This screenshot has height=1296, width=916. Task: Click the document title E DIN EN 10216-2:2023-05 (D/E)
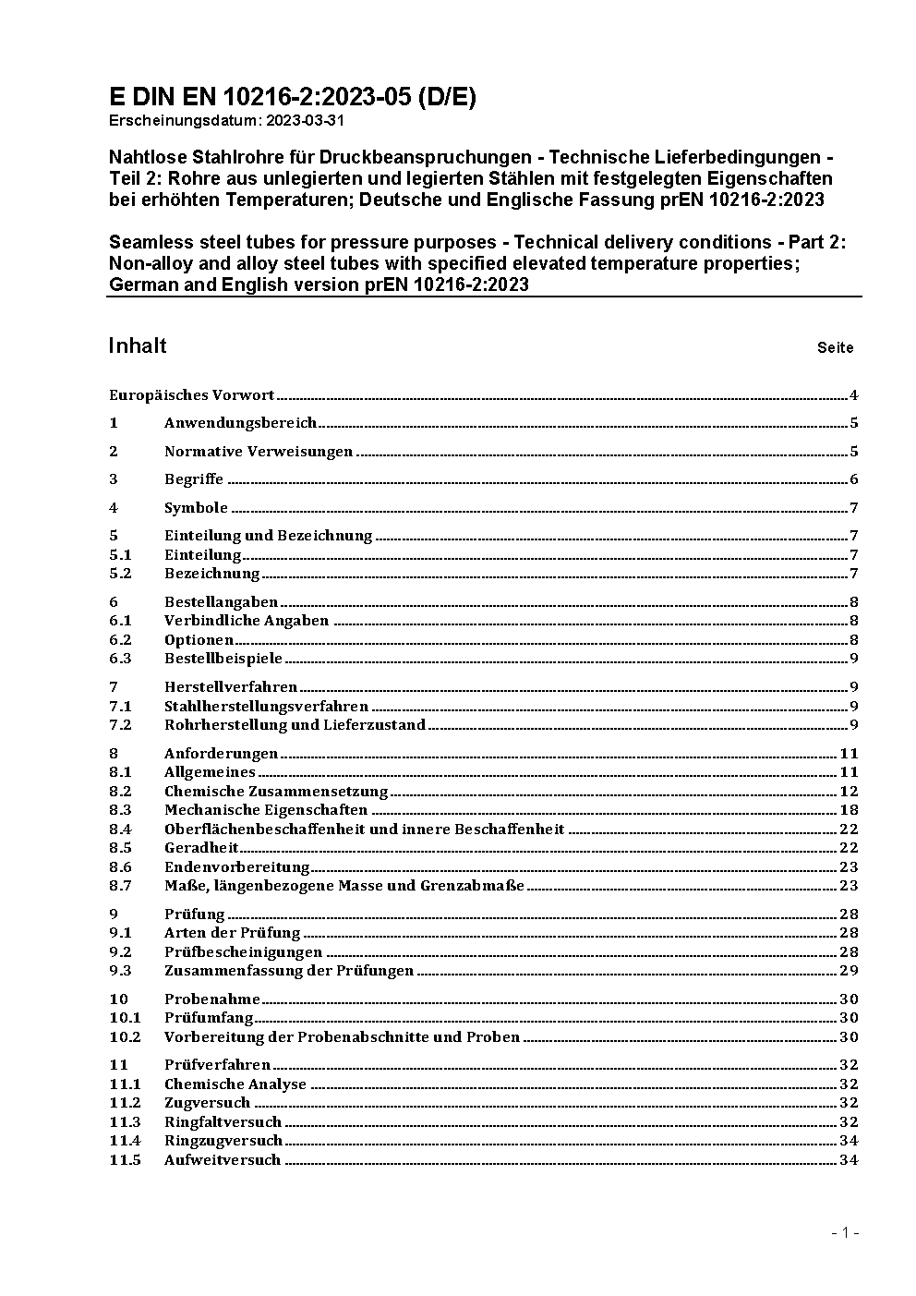[x=293, y=97]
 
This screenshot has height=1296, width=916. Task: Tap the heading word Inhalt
[x=138, y=345]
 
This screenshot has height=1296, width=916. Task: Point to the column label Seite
[x=835, y=348]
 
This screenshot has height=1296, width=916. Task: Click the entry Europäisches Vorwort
[x=191, y=395]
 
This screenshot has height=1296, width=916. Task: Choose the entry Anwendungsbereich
[x=240, y=423]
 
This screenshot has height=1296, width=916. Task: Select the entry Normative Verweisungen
[x=259, y=452]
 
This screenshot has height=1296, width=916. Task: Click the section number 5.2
[x=120, y=574]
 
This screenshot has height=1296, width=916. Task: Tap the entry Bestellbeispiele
[x=223, y=659]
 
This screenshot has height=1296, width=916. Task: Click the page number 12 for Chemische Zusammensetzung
[x=849, y=792]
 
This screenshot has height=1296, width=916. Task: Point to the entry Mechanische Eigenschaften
[x=266, y=810]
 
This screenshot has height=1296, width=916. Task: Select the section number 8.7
[x=120, y=886]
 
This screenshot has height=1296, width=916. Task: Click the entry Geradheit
[x=201, y=848]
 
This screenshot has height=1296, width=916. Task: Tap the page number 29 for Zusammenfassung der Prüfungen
[x=849, y=971]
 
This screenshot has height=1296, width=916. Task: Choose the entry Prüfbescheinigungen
[x=243, y=952]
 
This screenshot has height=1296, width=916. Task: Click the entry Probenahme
[x=212, y=999]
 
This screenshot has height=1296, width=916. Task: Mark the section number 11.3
[x=125, y=1122]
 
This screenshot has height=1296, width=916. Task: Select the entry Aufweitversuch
[x=223, y=1160]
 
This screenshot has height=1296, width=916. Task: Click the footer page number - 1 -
[x=844, y=1232]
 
